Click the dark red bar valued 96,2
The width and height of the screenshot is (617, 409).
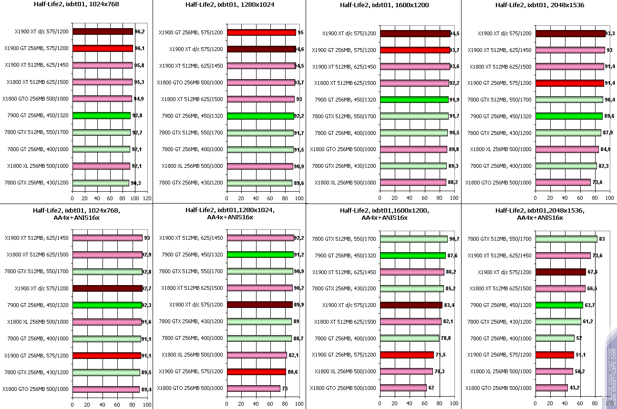[103, 31]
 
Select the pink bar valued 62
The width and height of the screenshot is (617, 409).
[403, 388]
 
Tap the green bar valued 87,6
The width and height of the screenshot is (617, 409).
[413, 255]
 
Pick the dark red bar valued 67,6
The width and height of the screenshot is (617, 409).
[561, 272]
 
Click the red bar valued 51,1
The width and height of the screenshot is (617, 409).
[555, 355]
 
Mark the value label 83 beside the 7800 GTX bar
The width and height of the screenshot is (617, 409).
[601, 239]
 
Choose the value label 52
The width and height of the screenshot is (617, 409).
[579, 338]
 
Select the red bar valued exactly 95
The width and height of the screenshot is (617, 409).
[262, 32]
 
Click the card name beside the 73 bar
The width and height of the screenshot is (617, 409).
[190, 388]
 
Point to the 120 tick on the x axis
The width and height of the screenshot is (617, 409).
[147, 198]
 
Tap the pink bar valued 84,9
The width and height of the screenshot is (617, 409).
[567, 149]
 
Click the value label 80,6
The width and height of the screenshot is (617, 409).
[293, 371]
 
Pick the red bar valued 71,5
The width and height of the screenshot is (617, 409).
[407, 355]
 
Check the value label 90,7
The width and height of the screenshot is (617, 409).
[454, 239]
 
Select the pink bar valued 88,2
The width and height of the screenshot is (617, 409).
[412, 182]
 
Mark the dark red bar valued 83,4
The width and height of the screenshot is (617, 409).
[411, 305]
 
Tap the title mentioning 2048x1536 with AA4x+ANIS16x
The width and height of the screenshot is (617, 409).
[540, 214]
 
